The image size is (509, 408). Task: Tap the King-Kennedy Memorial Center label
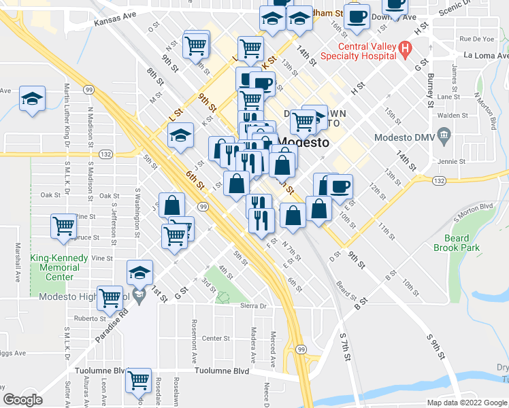59,267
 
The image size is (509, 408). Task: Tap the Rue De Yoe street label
476,39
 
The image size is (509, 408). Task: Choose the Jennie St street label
453,162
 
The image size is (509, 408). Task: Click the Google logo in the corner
23,400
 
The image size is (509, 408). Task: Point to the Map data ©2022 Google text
467,403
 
